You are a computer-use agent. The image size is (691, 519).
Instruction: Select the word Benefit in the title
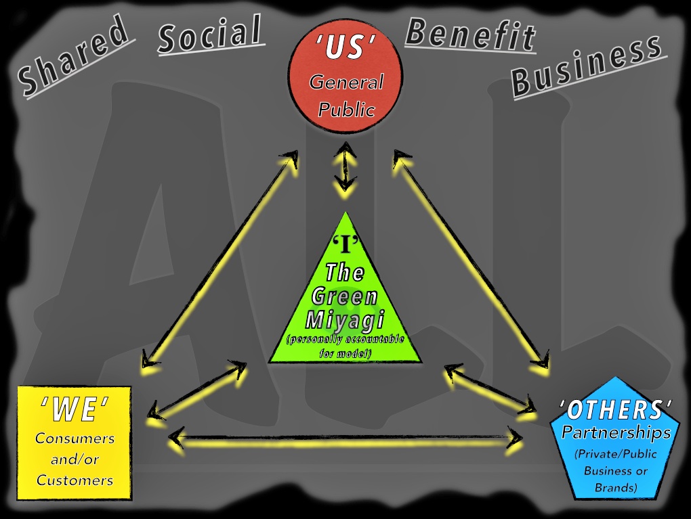(470, 35)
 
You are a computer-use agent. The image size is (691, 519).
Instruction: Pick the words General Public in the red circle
(346, 95)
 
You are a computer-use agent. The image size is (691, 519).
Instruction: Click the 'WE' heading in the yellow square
(74, 409)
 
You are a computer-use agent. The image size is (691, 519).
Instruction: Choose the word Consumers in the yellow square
(75, 438)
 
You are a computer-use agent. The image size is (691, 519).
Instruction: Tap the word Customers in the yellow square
(75, 480)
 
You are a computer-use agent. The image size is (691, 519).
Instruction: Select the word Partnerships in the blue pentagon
(616, 432)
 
